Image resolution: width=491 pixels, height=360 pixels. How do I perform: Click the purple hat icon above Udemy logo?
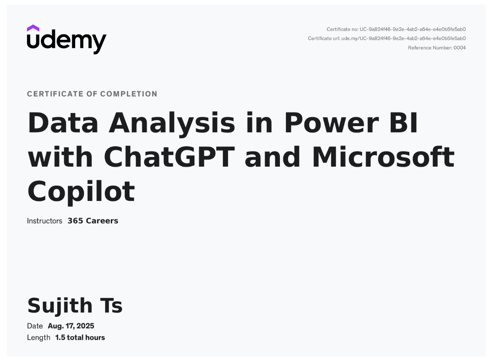pyautogui.click(x=33, y=28)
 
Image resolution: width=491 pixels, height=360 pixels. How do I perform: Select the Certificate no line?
pyautogui.click(x=396, y=30)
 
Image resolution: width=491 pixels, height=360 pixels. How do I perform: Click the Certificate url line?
pyautogui.click(x=387, y=38)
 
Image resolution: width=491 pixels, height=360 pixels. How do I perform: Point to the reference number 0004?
pyautogui.click(x=460, y=48)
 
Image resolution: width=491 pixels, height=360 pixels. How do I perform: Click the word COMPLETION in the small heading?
pyautogui.click(x=129, y=94)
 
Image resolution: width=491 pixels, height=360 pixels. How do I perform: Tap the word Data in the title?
pyautogui.click(x=63, y=123)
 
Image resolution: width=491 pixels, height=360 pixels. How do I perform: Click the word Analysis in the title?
pyautogui.click(x=172, y=124)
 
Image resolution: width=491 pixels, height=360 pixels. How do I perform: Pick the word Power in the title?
pyautogui.click(x=332, y=123)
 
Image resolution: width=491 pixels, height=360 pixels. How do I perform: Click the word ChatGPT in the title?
pyautogui.click(x=169, y=157)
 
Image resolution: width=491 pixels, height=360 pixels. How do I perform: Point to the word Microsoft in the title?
pyautogui.click(x=383, y=157)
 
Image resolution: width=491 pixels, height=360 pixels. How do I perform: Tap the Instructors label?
pyautogui.click(x=44, y=221)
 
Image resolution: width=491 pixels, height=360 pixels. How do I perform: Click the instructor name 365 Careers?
pyautogui.click(x=93, y=221)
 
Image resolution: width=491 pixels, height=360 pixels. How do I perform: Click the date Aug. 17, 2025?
pyautogui.click(x=71, y=326)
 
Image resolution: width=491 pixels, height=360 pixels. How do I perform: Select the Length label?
pyautogui.click(x=38, y=338)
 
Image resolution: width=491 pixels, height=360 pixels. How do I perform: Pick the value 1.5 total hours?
pyautogui.click(x=80, y=338)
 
